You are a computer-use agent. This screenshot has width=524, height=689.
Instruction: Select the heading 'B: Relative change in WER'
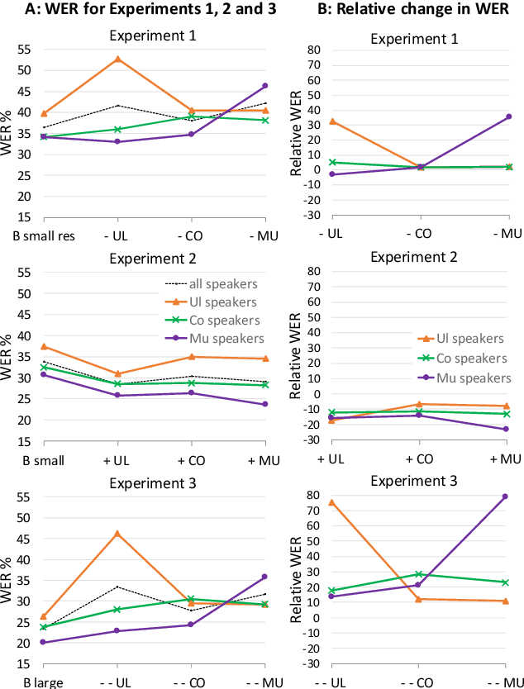tap(407, 12)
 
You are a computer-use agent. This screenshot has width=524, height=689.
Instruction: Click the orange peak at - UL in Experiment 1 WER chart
tap(117, 59)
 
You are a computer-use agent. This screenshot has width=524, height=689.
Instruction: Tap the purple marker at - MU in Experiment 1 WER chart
tap(265, 85)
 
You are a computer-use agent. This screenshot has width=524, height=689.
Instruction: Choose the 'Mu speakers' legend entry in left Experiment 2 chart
tap(223, 338)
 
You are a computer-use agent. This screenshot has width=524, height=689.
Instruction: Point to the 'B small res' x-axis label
tap(44, 235)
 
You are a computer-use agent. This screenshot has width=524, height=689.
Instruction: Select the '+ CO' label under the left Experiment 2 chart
tap(191, 459)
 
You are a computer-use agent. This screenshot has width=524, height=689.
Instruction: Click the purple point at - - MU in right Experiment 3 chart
tap(504, 497)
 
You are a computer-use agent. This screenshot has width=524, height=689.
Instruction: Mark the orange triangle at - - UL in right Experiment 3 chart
tap(331, 502)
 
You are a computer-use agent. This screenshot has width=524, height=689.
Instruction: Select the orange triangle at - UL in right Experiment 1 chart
tap(331, 121)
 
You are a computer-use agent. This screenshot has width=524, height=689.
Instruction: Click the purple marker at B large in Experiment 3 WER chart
tap(43, 642)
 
